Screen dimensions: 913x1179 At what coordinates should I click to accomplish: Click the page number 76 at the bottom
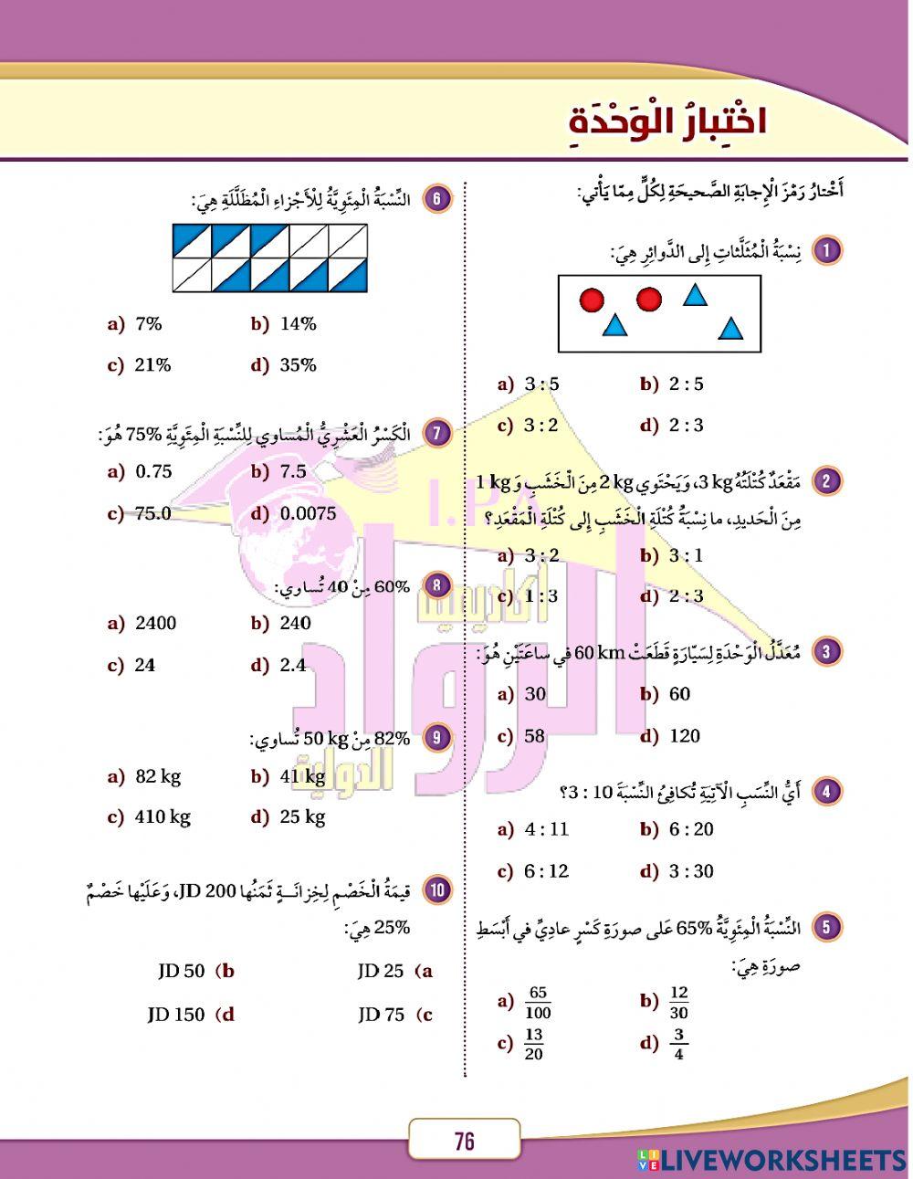coord(464,1141)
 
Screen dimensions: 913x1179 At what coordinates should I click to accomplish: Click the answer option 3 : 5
coord(540,384)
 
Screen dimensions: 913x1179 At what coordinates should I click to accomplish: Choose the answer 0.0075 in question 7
coord(308,513)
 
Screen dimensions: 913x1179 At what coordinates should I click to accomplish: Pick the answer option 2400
coord(155,624)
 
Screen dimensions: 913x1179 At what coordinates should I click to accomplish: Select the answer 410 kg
coord(162,816)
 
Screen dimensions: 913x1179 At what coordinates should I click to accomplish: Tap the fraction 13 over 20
coord(534,1043)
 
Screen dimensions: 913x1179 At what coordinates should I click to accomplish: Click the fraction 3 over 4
coord(677,1043)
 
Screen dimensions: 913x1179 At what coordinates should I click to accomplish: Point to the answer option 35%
coord(298,365)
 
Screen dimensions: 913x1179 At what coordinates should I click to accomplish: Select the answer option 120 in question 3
coord(684,736)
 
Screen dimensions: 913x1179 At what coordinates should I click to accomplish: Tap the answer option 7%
coord(148,324)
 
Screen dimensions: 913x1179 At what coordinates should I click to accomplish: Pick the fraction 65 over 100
coord(539,1002)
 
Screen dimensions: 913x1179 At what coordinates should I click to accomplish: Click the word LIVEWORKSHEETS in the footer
coord(783,1161)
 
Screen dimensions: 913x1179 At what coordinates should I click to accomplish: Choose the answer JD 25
coord(380,972)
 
